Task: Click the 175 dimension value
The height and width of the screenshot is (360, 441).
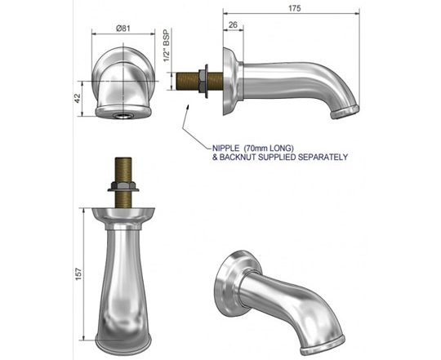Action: [x=294, y=8]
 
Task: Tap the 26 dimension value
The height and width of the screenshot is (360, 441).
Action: [x=233, y=25]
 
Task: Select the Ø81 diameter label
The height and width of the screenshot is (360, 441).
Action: [x=122, y=29]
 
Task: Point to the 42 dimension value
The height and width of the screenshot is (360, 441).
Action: [x=78, y=98]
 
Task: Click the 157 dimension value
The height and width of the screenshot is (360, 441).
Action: [x=78, y=274]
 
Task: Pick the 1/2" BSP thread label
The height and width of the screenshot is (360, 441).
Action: [x=167, y=45]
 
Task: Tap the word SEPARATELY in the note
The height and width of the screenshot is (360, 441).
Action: [x=323, y=157]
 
